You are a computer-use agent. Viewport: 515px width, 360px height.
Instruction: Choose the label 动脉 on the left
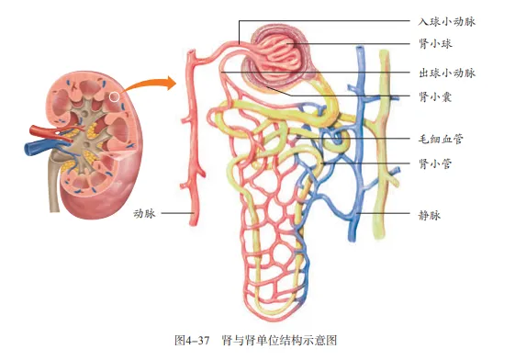(145, 214)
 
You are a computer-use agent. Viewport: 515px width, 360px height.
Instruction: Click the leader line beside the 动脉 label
(176, 214)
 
